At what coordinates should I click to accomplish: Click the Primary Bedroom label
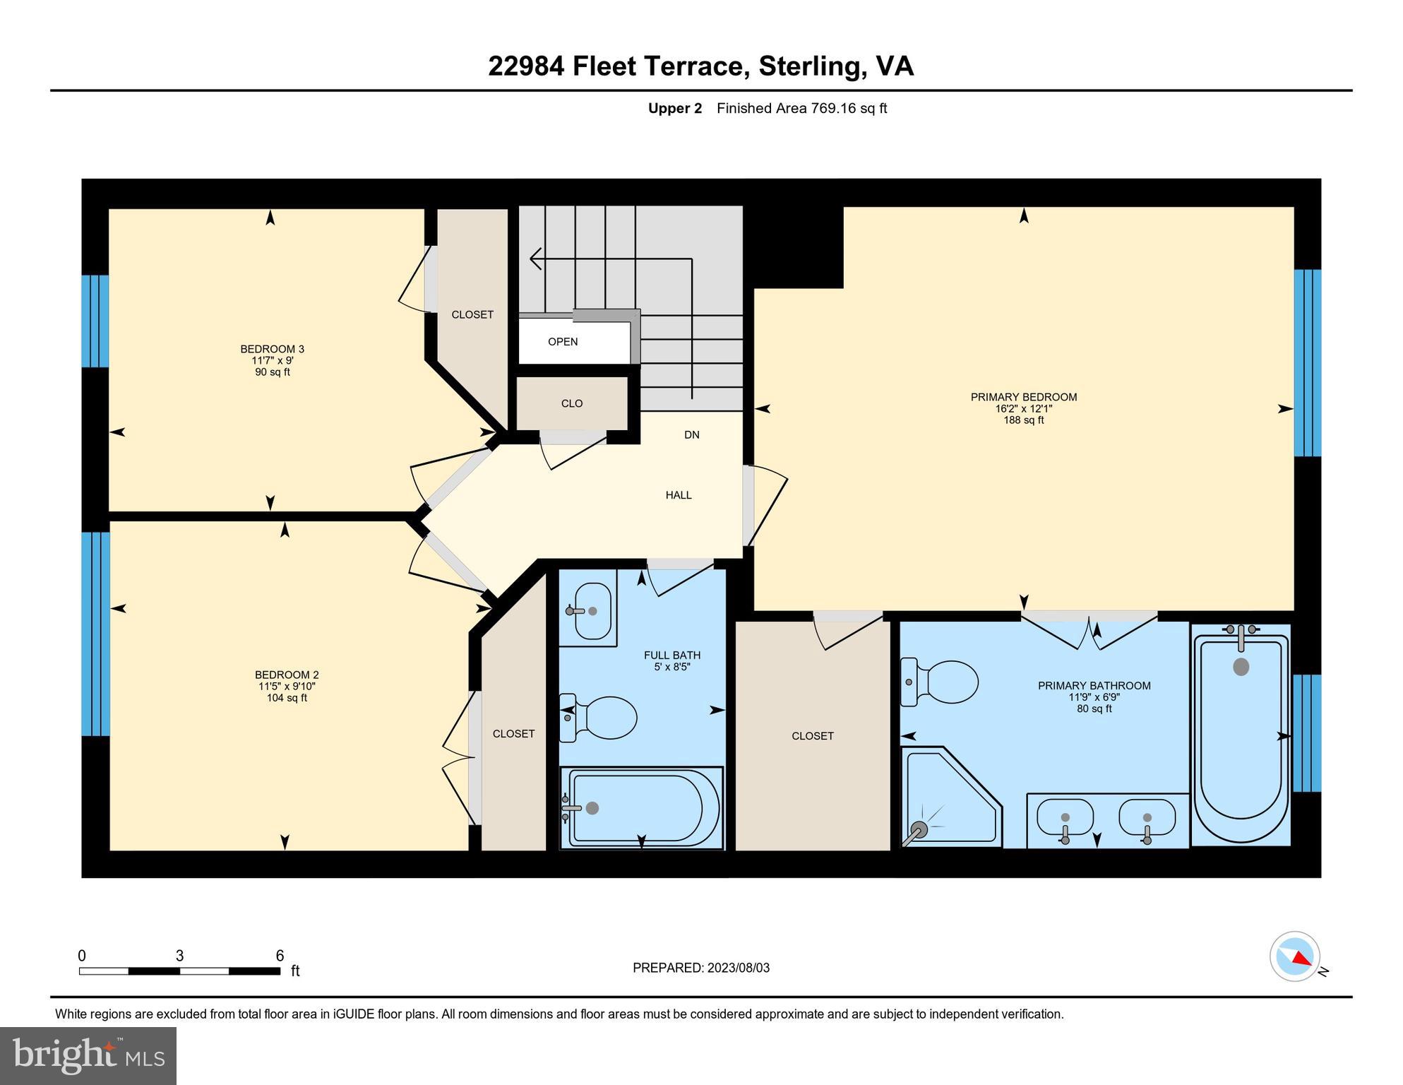(1023, 397)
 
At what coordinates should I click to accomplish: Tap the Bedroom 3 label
(272, 349)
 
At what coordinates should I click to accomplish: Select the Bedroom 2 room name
(287, 675)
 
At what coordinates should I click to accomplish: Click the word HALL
(679, 495)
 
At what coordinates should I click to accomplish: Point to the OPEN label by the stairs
(563, 342)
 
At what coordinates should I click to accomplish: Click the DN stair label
(692, 435)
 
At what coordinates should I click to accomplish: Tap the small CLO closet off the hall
(572, 403)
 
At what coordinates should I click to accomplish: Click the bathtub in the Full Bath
(641, 808)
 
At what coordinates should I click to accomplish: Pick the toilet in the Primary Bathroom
(939, 682)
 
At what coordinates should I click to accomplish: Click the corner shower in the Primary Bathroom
(951, 797)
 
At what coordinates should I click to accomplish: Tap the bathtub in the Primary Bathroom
(1241, 735)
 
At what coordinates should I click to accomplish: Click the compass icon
(1295, 956)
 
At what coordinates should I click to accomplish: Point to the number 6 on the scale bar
(280, 956)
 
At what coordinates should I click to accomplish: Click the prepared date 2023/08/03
(739, 968)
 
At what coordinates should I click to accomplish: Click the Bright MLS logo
(88, 1055)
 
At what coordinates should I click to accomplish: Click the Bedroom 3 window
(95, 321)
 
